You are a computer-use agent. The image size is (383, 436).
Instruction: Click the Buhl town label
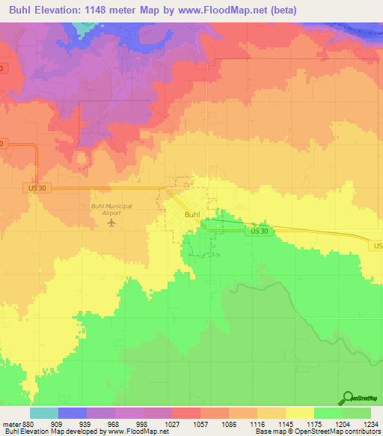(x=191, y=215)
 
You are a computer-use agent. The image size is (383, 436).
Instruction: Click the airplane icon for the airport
(x=112, y=222)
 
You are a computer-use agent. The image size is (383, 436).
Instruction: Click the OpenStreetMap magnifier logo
(x=349, y=399)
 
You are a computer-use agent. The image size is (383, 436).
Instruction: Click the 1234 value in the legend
(x=370, y=423)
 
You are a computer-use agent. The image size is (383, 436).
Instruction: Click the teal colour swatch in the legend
(x=44, y=413)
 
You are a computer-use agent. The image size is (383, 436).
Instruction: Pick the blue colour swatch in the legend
(x=73, y=413)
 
